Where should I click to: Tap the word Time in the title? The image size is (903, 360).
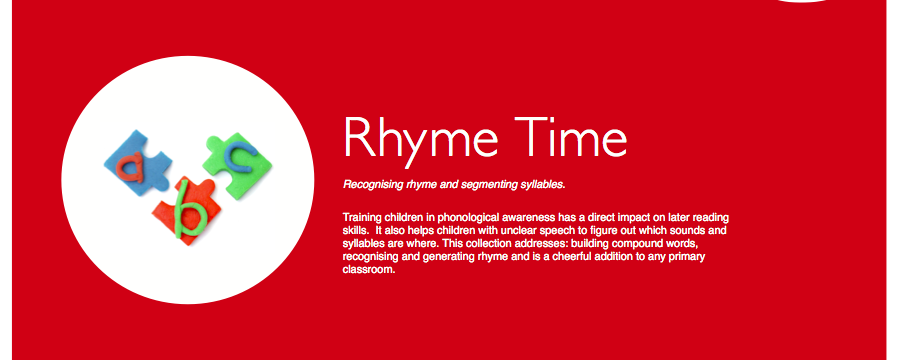click(571, 137)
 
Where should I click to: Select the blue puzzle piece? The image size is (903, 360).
click(138, 162)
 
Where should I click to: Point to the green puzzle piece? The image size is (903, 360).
click(237, 165)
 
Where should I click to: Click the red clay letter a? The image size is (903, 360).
click(131, 167)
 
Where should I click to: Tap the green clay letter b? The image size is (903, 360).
click(190, 210)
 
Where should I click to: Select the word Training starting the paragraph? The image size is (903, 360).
click(361, 218)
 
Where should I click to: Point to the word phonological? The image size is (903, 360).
click(464, 218)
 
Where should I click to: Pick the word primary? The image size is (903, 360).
click(688, 257)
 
